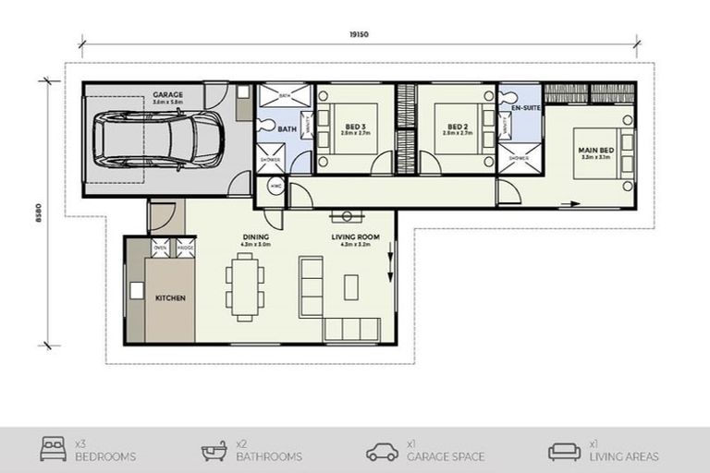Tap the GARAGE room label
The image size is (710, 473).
168,94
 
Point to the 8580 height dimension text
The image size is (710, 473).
37,212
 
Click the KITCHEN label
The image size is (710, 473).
170,297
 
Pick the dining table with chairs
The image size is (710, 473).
245,286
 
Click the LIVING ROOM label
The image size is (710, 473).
350,237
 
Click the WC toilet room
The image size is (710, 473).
275,187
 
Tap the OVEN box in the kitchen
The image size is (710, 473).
160,248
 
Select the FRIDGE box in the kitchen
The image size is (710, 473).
185,248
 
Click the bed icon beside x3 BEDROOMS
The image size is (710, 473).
54,451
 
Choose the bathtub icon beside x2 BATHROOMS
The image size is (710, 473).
214,451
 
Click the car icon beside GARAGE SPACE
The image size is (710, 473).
382,451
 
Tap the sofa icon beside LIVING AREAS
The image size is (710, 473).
564,451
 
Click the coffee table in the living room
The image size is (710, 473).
350,287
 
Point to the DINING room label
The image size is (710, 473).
256,237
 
